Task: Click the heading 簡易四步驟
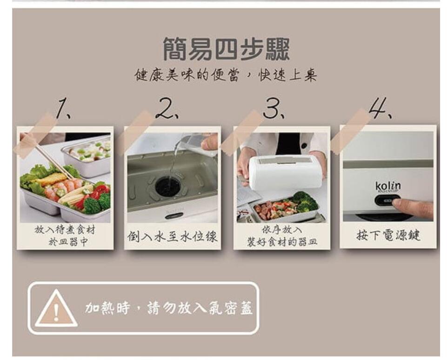pyautogui.click(x=226, y=49)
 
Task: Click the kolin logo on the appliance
pyautogui.click(x=388, y=187)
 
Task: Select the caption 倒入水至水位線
pyautogui.click(x=172, y=236)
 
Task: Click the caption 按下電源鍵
pyautogui.click(x=388, y=235)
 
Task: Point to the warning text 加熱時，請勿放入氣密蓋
pyautogui.click(x=169, y=308)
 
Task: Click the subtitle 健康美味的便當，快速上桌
pyautogui.click(x=226, y=75)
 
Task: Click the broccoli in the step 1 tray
pyautogui.click(x=96, y=203)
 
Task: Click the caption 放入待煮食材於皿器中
pyautogui.click(x=65, y=236)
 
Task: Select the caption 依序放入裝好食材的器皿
pyautogui.click(x=282, y=236)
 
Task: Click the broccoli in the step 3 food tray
pyautogui.click(x=305, y=201)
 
